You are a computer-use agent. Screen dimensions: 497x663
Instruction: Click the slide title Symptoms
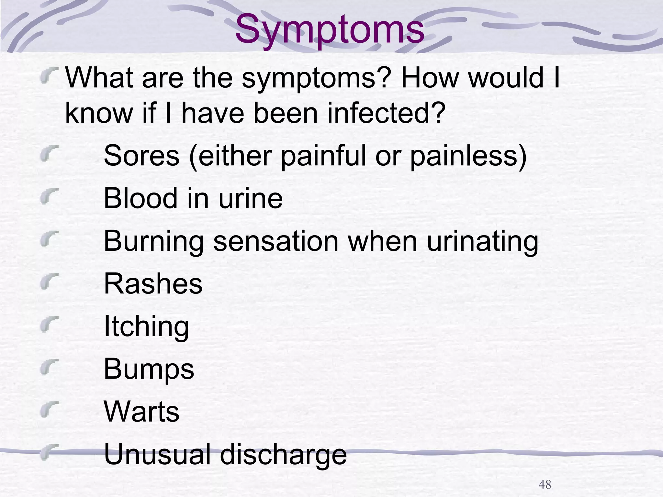click(330, 30)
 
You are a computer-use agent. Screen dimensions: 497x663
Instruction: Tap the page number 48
click(545, 484)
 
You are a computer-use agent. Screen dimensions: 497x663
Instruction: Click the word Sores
click(141, 156)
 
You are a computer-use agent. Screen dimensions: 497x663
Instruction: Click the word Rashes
click(153, 283)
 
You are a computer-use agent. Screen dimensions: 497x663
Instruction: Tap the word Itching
click(146, 326)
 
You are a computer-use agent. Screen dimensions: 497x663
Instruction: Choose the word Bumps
click(149, 369)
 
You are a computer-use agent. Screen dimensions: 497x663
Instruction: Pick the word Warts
click(141, 412)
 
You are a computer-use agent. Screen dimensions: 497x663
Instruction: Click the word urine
click(251, 198)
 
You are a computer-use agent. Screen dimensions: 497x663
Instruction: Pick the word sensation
click(276, 241)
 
